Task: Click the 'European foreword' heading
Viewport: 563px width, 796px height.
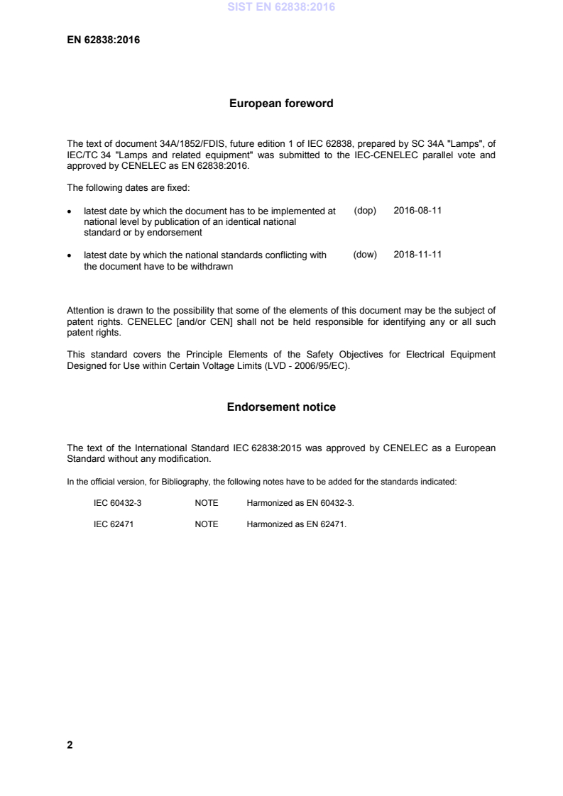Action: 281,104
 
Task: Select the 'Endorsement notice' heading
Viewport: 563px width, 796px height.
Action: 281,407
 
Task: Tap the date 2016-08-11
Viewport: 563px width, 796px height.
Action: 417,211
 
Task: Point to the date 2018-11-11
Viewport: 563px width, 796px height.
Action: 417,254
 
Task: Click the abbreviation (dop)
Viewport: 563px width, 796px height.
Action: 364,211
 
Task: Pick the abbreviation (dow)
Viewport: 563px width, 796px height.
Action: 364,254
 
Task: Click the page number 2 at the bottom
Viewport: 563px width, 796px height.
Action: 70,745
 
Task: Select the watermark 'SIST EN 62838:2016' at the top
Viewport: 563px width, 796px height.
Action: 281,8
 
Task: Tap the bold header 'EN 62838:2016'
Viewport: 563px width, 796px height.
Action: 103,40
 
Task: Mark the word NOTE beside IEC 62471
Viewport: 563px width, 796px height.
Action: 207,524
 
